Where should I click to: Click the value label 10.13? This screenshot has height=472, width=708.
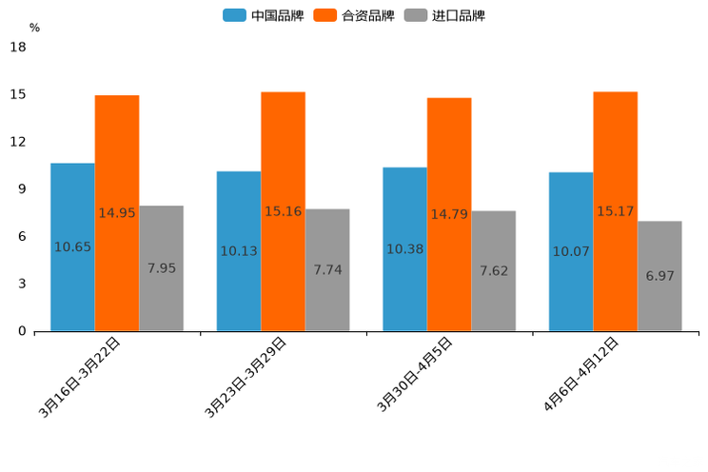(x=239, y=251)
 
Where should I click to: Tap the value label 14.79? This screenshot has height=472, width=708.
(x=449, y=214)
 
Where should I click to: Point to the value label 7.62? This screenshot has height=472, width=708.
(x=494, y=271)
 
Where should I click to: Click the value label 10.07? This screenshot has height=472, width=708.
(x=571, y=252)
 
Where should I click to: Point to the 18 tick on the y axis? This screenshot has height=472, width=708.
(x=18, y=47)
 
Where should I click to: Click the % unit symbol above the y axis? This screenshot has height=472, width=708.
(x=34, y=28)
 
